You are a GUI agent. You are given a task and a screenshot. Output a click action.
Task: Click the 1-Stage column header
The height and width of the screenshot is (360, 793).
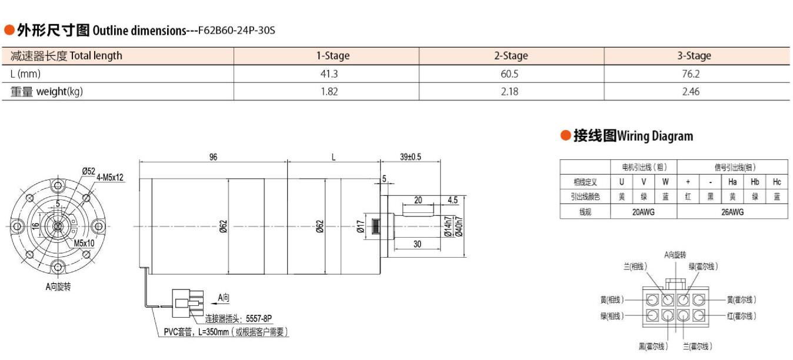click(x=332, y=56)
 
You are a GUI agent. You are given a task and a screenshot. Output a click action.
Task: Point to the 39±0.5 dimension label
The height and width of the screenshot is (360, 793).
click(x=411, y=157)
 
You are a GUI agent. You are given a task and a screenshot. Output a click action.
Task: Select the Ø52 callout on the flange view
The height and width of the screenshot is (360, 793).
click(x=88, y=171)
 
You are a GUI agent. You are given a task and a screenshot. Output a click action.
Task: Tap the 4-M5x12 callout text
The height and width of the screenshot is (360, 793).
click(x=110, y=178)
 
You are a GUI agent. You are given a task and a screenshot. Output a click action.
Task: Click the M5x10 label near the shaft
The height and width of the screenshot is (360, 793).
click(x=84, y=243)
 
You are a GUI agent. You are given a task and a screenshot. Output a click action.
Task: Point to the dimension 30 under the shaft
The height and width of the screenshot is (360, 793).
click(x=417, y=244)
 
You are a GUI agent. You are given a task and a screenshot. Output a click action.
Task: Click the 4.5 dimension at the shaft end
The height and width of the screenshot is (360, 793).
click(x=452, y=200)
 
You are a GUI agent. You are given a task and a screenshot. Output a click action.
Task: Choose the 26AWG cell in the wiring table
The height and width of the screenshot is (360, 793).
click(x=732, y=212)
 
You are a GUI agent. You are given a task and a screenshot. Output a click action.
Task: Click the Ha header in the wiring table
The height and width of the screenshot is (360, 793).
click(x=732, y=182)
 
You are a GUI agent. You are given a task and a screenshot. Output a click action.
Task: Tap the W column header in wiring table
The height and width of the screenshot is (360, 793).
click(x=665, y=182)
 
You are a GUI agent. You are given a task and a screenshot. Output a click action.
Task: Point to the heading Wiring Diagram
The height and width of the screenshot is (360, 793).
click(x=655, y=136)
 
